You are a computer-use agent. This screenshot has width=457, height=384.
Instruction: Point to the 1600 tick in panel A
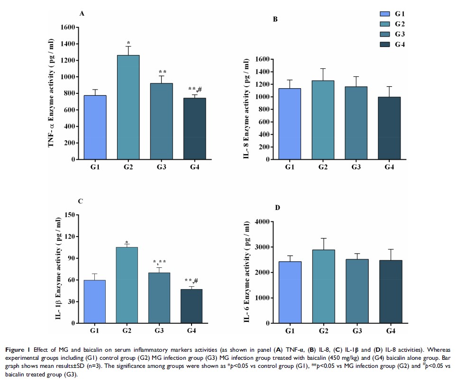click(x=68, y=27)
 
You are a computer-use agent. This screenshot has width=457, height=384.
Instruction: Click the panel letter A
click(x=82, y=13)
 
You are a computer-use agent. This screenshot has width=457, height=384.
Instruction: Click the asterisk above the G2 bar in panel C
click(x=127, y=242)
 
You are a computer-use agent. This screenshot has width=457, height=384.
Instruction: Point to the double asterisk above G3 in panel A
click(x=162, y=72)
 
